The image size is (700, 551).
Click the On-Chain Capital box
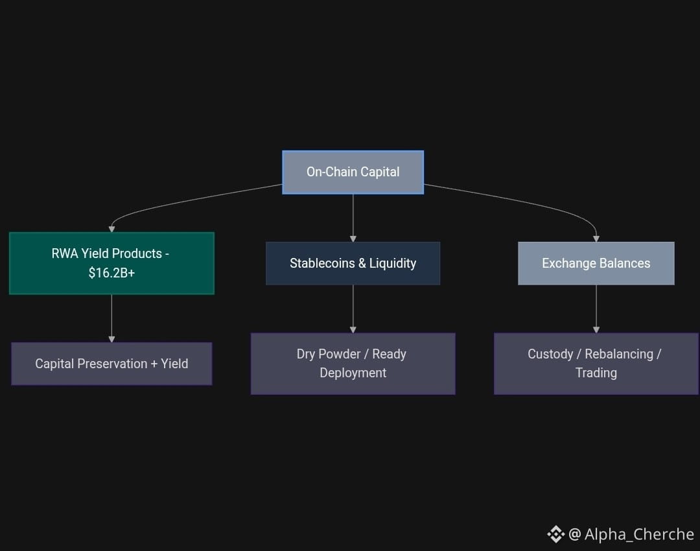pyautogui.click(x=353, y=172)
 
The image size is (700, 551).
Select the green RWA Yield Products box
pyautogui.click(x=111, y=263)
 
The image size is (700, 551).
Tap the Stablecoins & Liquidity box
pyautogui.click(x=353, y=263)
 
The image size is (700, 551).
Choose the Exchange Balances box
pyautogui.click(x=596, y=263)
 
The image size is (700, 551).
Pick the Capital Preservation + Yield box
pyautogui.click(x=111, y=364)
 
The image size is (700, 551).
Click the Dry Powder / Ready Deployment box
pyautogui.click(x=353, y=364)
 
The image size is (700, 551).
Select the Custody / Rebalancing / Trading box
pyautogui.click(x=596, y=364)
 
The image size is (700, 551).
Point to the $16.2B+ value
pyautogui.click(x=111, y=272)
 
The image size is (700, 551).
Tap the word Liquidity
pyautogui.click(x=393, y=263)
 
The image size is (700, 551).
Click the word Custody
pyautogui.click(x=550, y=354)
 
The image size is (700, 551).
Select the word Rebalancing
pyautogui.click(x=619, y=354)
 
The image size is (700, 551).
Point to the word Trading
pyautogui.click(x=596, y=373)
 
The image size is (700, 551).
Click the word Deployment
pyautogui.click(x=353, y=373)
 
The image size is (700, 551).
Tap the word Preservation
pyautogui.click(x=112, y=364)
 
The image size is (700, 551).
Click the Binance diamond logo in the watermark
pyautogui.click(x=556, y=534)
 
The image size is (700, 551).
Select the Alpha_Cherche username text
pyautogui.click(x=639, y=534)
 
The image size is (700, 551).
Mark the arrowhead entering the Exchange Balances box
pyautogui.click(x=596, y=239)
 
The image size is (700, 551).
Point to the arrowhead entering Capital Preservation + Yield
pyautogui.click(x=111, y=340)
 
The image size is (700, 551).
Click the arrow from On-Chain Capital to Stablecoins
pyautogui.click(x=353, y=218)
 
